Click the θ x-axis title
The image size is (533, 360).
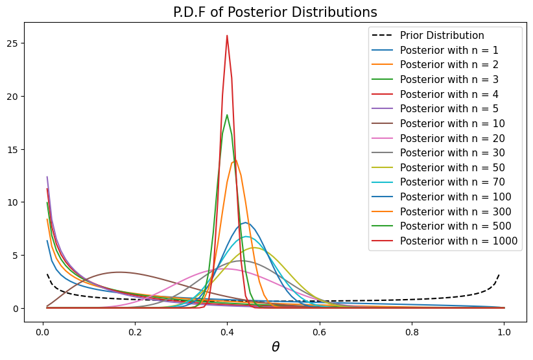[276, 347]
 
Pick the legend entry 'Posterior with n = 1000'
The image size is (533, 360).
[458, 241]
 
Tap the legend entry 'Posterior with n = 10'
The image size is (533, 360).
[453, 123]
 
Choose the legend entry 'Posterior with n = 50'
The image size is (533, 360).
[453, 167]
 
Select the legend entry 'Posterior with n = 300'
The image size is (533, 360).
[456, 211]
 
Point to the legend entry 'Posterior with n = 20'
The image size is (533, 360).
[453, 138]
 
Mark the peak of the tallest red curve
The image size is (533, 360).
[227, 36]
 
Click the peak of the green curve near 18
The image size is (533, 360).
[227, 115]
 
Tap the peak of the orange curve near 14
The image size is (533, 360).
[234, 159]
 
